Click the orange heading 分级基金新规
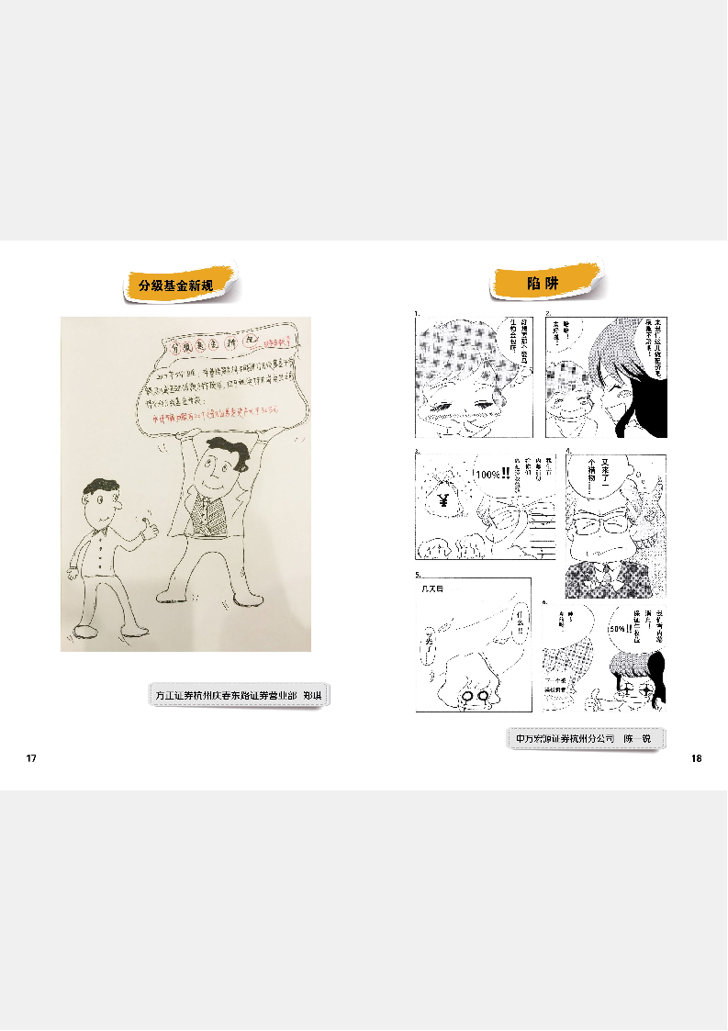point(175,286)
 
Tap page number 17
point(31,758)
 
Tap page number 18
point(696,758)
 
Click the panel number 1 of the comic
point(418,313)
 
